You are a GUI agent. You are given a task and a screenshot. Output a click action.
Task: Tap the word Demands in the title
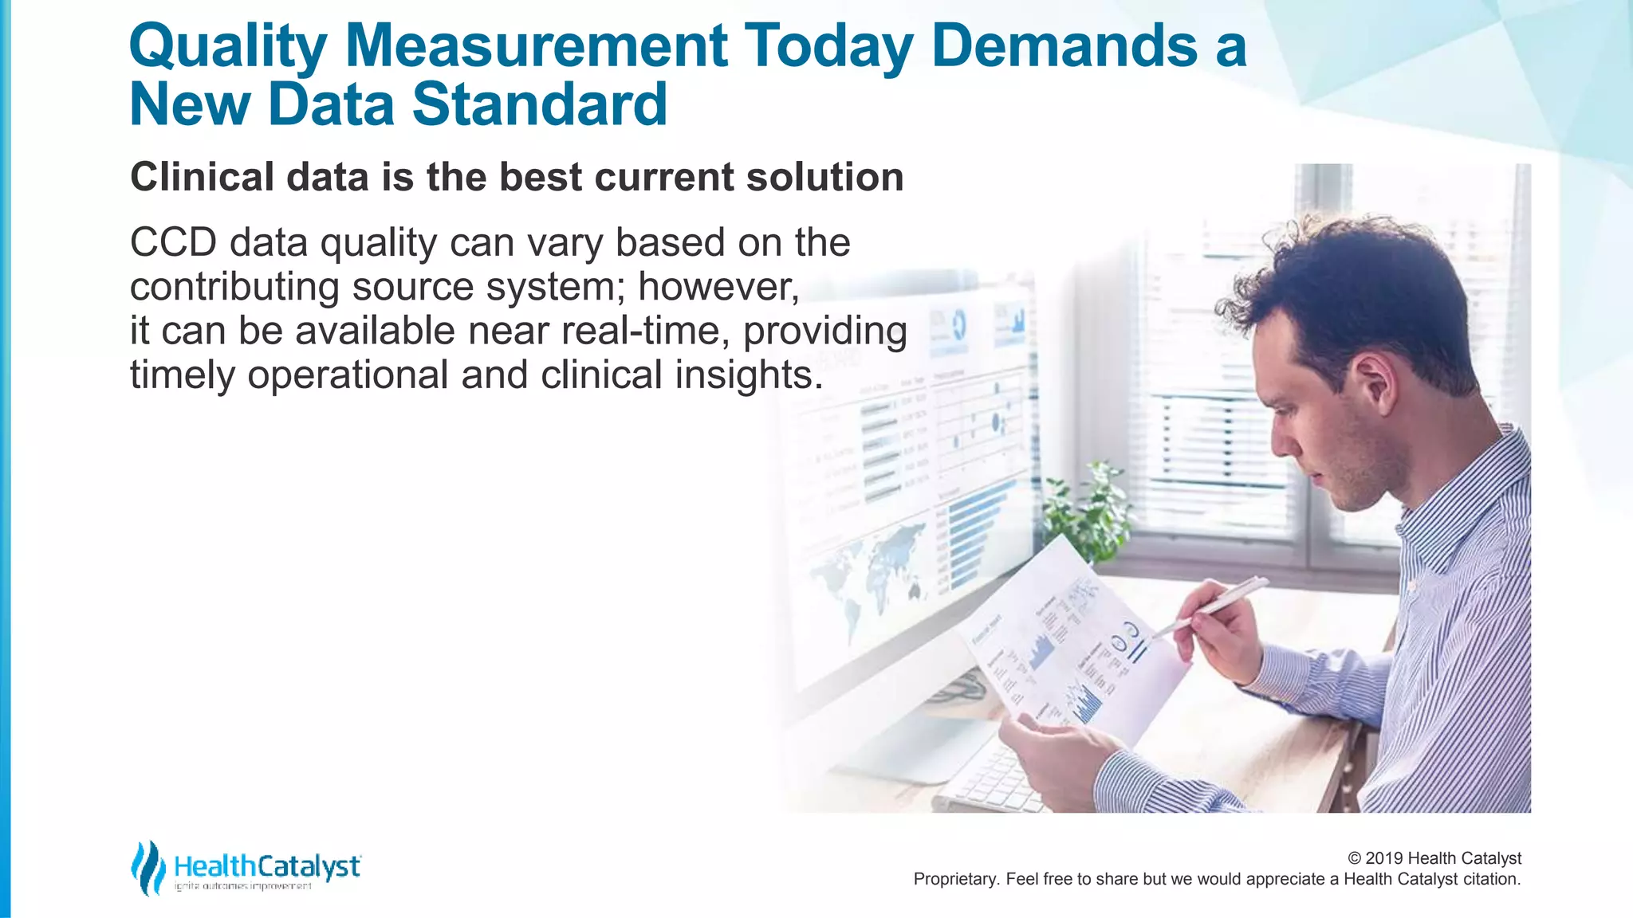pos(1064,45)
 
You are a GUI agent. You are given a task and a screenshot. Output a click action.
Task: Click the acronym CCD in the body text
pos(173,242)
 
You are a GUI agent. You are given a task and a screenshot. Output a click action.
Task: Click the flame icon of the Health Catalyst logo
pos(148,867)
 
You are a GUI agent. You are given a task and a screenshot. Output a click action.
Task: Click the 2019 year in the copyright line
pos(1384,858)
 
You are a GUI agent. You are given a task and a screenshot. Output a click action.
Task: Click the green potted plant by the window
pos(1088,510)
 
